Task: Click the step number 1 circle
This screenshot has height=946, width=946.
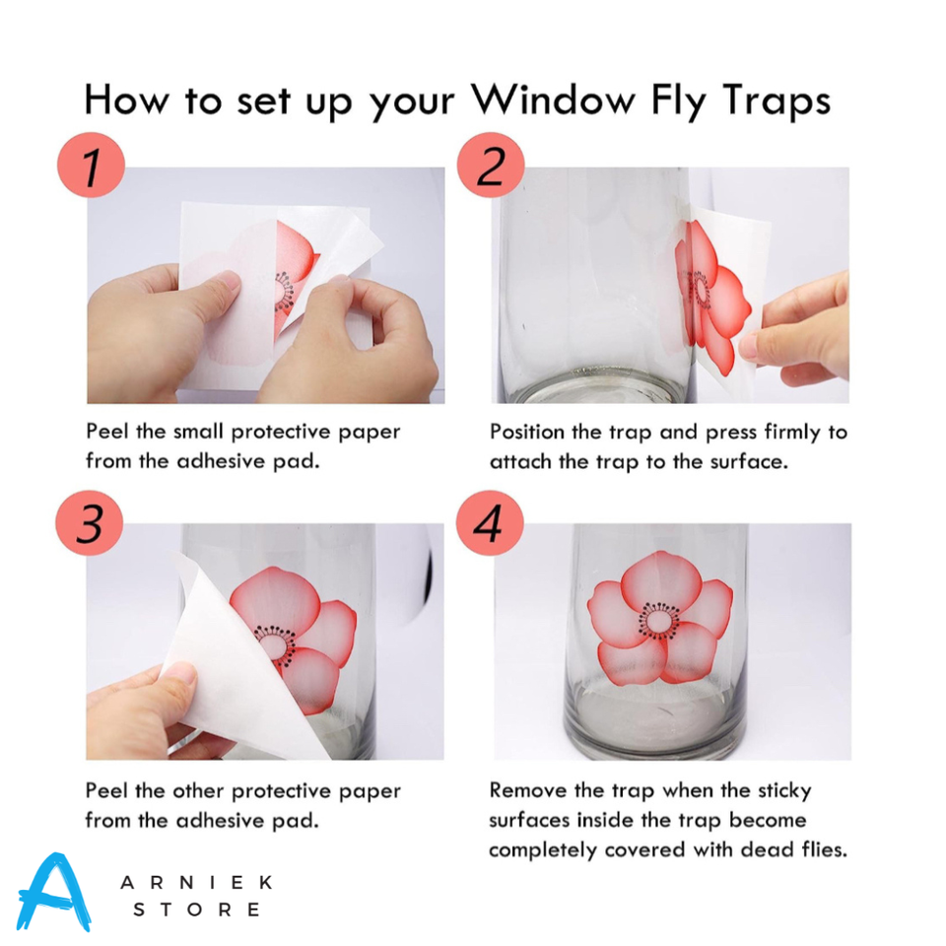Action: (x=90, y=167)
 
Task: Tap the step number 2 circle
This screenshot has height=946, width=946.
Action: (x=490, y=167)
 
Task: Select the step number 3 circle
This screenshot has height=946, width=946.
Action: (x=90, y=523)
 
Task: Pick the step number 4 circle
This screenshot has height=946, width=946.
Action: (x=490, y=523)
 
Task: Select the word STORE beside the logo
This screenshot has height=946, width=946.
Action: (x=196, y=910)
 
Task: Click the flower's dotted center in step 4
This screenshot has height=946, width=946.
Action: (x=657, y=620)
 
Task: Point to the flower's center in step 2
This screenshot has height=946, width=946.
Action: (x=702, y=291)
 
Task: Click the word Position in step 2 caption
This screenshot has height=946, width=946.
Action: (x=533, y=433)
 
